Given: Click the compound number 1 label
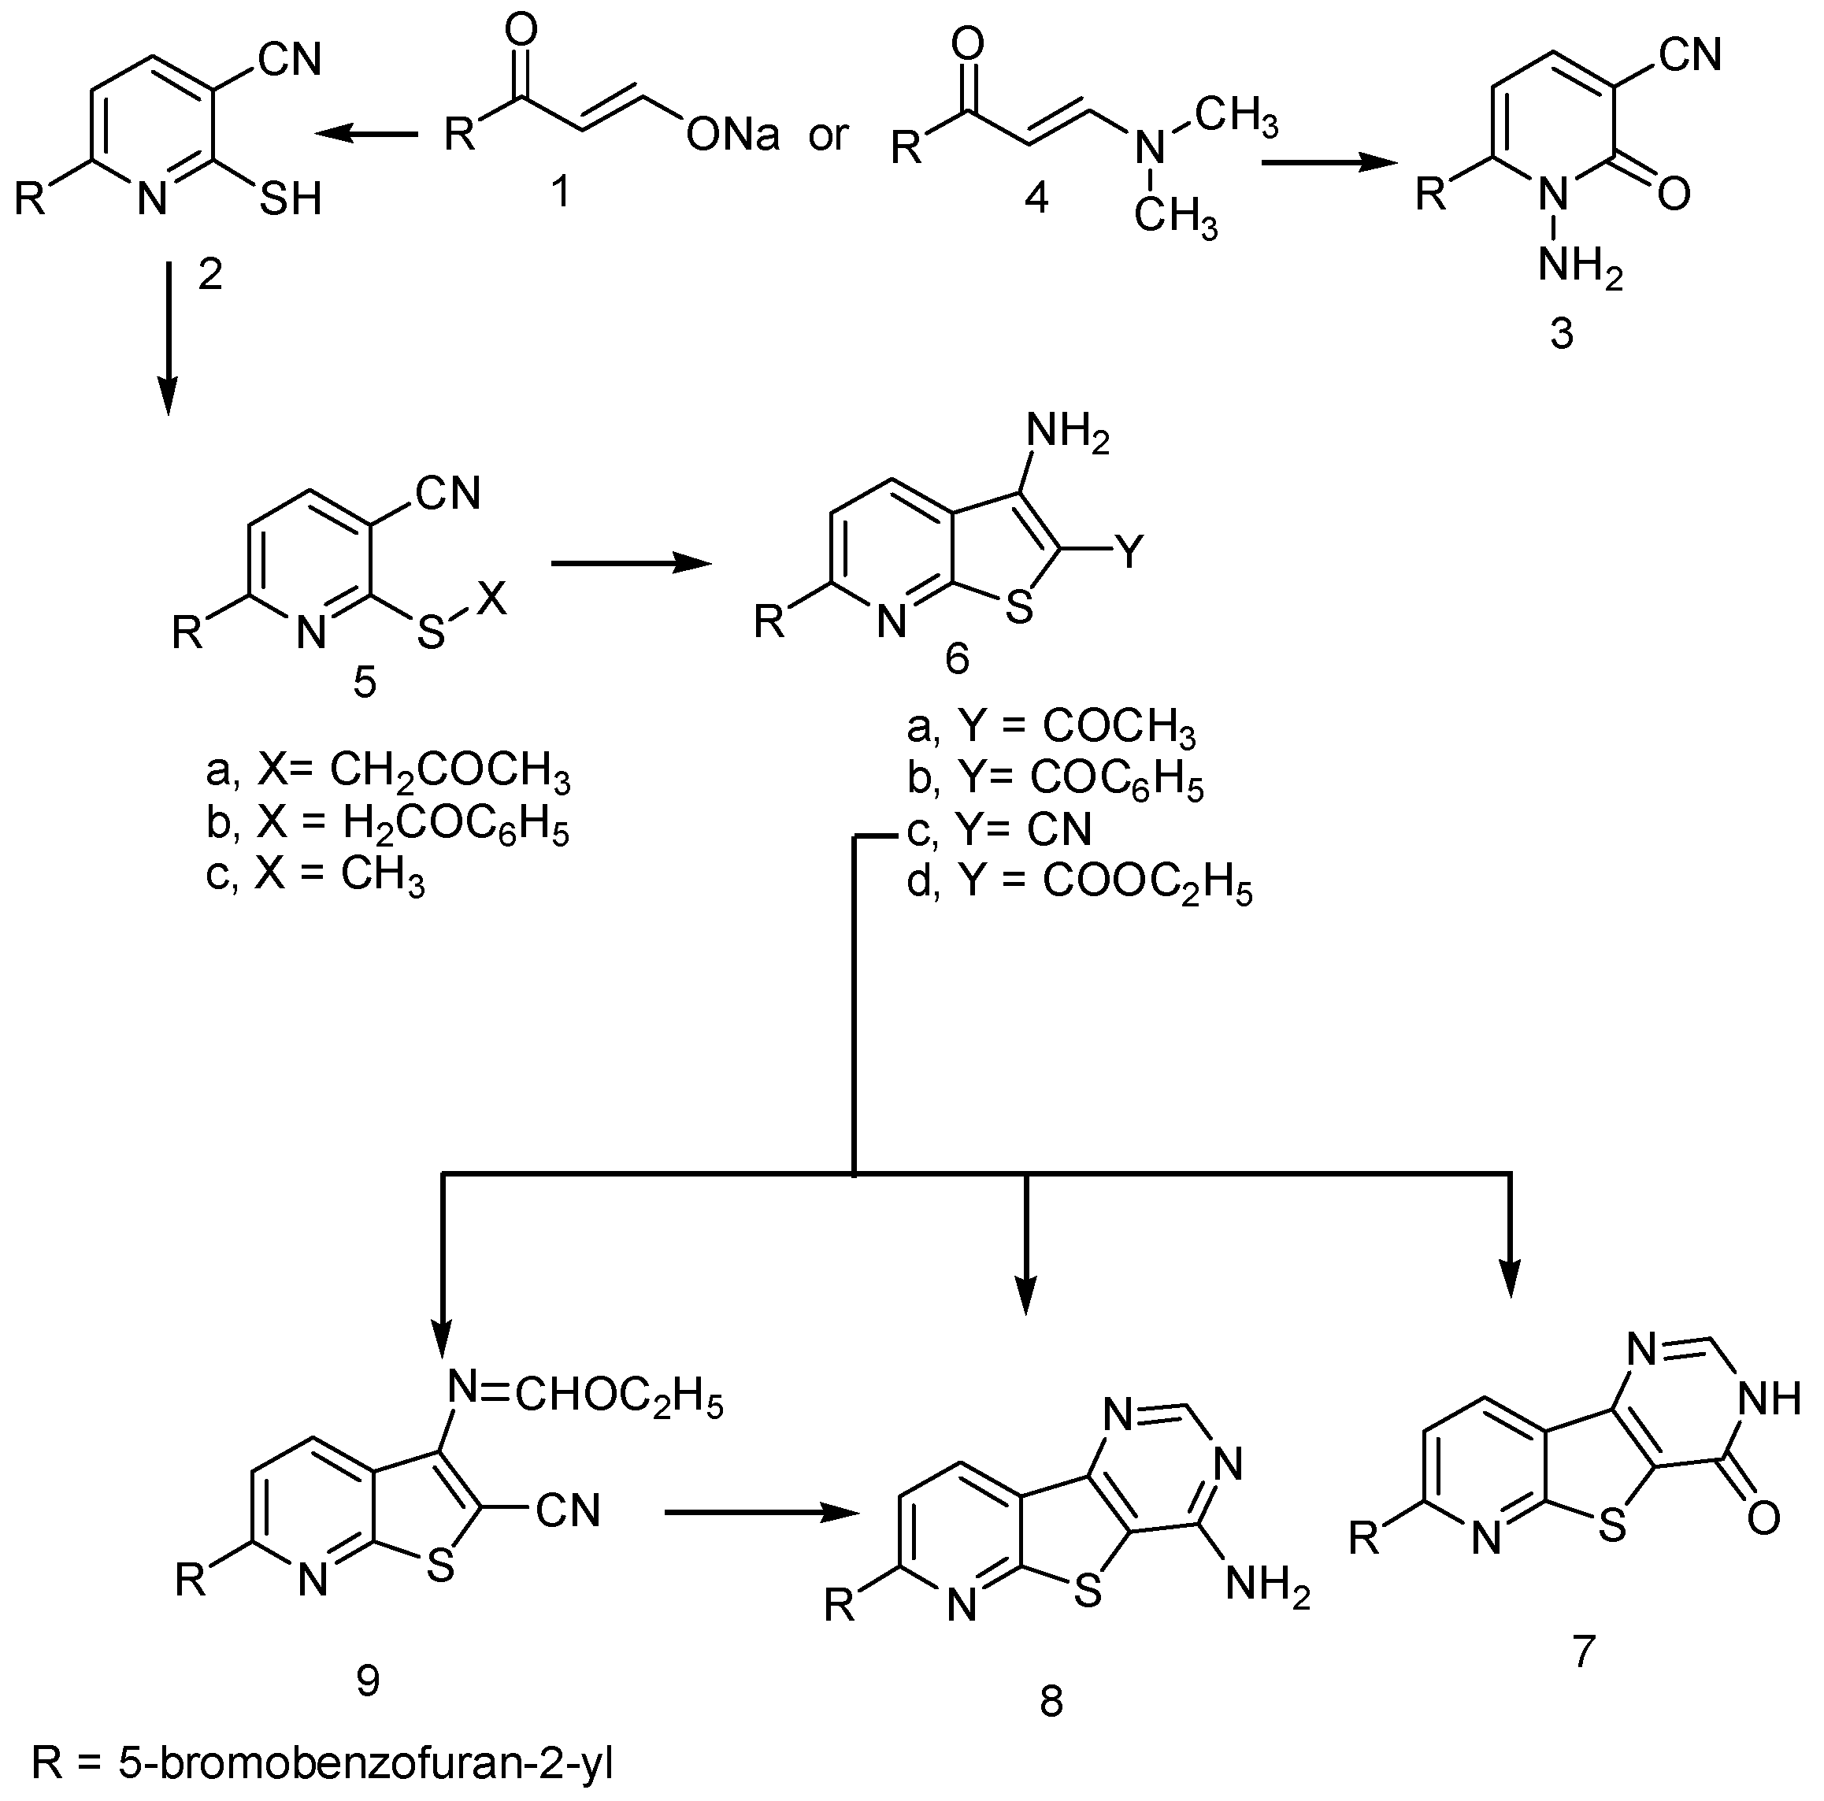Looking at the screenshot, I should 561,193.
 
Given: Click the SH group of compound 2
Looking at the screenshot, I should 291,198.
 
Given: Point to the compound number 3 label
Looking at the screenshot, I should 1562,333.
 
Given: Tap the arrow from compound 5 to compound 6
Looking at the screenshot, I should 631,564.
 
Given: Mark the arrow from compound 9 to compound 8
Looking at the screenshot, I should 763,1512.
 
